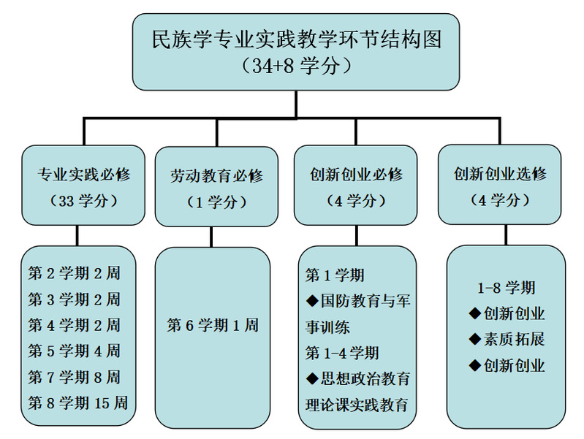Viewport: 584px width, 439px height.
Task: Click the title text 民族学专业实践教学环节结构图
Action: [x=297, y=39]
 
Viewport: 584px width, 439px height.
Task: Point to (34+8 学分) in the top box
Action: [x=297, y=66]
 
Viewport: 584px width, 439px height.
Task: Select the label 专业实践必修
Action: [x=84, y=175]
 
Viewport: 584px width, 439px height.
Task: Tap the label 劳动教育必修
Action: [x=216, y=176]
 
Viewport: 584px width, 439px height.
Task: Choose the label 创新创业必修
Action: [x=356, y=175]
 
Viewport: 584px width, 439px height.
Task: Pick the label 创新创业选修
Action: [x=500, y=174]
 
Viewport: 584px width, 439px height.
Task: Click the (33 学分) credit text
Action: [x=84, y=201]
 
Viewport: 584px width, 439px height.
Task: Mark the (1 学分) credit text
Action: [x=216, y=202]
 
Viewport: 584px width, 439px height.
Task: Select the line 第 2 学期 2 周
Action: [x=74, y=273]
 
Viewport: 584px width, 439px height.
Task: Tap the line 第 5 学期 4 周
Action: [x=74, y=351]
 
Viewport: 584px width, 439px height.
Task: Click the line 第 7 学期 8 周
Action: [x=74, y=377]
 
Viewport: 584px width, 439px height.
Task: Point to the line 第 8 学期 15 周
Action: [x=77, y=403]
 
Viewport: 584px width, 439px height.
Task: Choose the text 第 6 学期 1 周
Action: [x=213, y=325]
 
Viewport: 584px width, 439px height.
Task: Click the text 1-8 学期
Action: [x=507, y=288]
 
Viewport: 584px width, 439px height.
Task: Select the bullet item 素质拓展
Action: [x=514, y=339]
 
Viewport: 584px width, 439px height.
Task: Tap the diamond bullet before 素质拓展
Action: [x=475, y=339]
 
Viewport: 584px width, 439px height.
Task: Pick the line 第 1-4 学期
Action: [x=342, y=353]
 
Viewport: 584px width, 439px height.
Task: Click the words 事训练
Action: [x=327, y=327]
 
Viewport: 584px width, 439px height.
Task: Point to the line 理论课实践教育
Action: [x=357, y=405]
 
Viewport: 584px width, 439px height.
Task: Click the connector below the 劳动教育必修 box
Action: [x=211, y=237]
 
